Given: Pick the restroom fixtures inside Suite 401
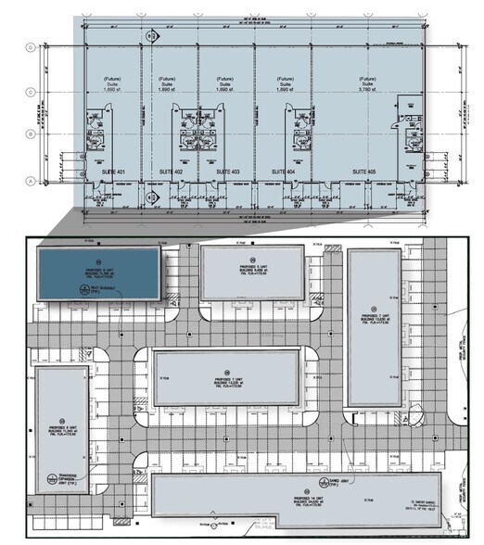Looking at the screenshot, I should (96, 127).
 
